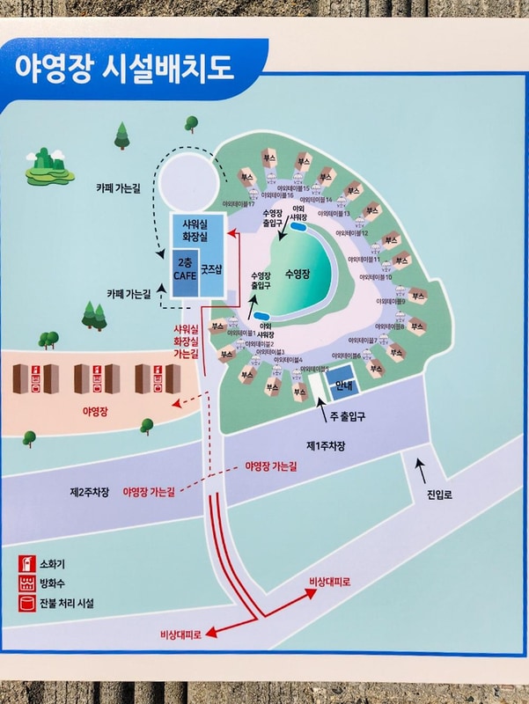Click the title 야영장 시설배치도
[x=123, y=69]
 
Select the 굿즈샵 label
[x=212, y=268]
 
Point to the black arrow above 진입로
[x=419, y=467]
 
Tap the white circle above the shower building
[x=187, y=180]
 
